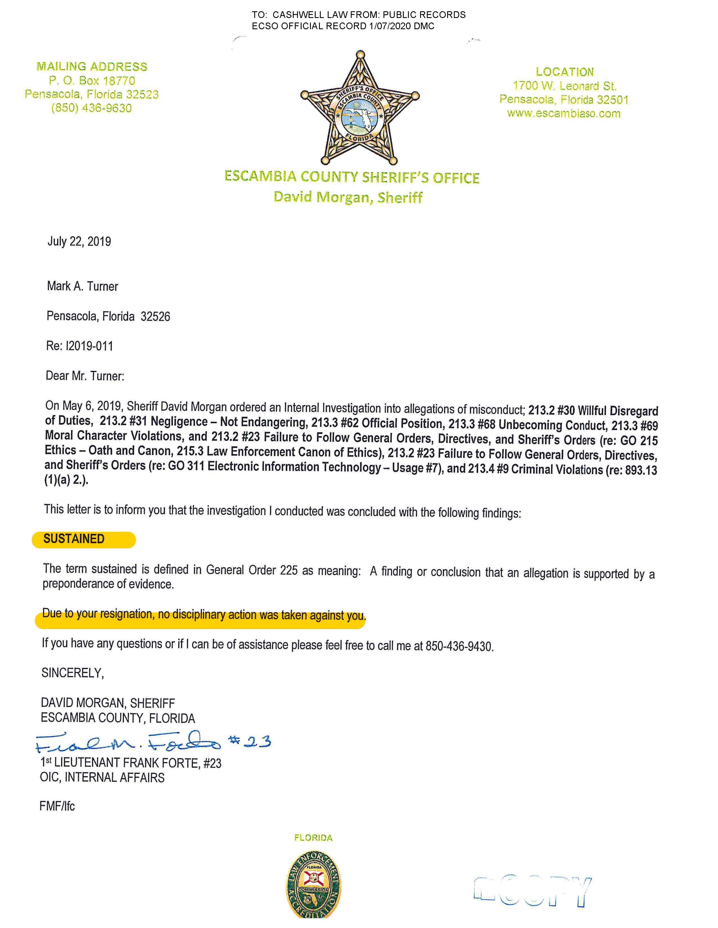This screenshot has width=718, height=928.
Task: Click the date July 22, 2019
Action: pyautogui.click(x=79, y=241)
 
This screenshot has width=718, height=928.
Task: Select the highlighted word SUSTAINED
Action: pyautogui.click(x=74, y=539)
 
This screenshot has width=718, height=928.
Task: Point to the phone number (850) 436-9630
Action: pyautogui.click(x=92, y=108)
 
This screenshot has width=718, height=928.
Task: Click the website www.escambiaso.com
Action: pyautogui.click(x=564, y=113)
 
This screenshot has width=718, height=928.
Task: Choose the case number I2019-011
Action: pyautogui.click(x=89, y=346)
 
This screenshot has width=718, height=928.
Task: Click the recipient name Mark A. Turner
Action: pyautogui.click(x=82, y=286)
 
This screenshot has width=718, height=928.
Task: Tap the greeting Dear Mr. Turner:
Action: pyautogui.click(x=85, y=376)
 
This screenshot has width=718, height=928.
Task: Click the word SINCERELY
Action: pyautogui.click(x=72, y=673)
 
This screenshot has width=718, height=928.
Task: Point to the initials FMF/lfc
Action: pyautogui.click(x=57, y=806)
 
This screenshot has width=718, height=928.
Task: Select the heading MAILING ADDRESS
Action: pyautogui.click(x=92, y=67)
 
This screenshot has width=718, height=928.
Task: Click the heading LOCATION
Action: pyautogui.click(x=565, y=72)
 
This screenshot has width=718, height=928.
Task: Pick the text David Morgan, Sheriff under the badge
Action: pyautogui.click(x=348, y=197)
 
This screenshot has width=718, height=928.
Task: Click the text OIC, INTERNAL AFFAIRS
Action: pyautogui.click(x=102, y=778)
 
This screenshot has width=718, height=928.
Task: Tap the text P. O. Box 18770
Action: pyautogui.click(x=92, y=81)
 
